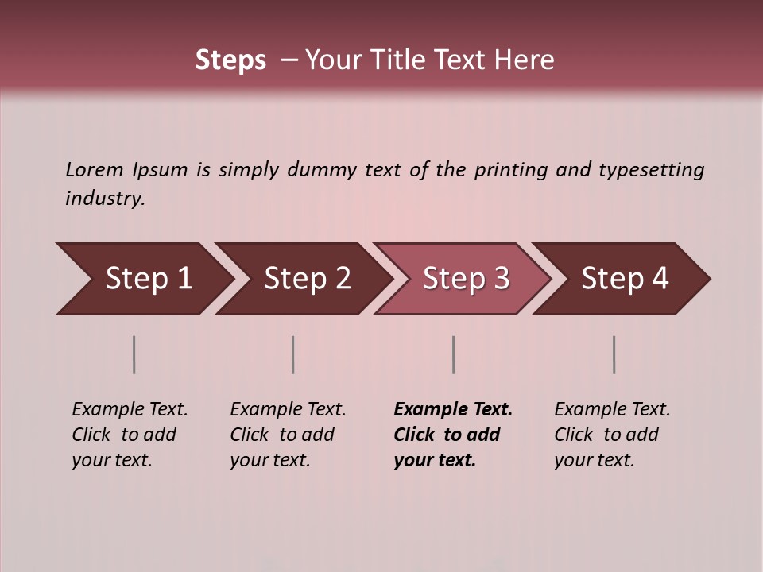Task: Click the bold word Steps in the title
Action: [230, 60]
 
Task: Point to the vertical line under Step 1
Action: [134, 354]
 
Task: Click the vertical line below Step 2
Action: [293, 354]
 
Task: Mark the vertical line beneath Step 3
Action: [453, 354]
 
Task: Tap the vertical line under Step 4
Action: [614, 354]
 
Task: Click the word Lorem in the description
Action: [95, 170]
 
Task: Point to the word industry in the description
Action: [105, 199]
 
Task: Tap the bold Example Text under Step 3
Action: [453, 410]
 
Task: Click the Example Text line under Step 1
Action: [130, 410]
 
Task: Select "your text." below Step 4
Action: [594, 461]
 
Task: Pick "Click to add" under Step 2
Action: [282, 435]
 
